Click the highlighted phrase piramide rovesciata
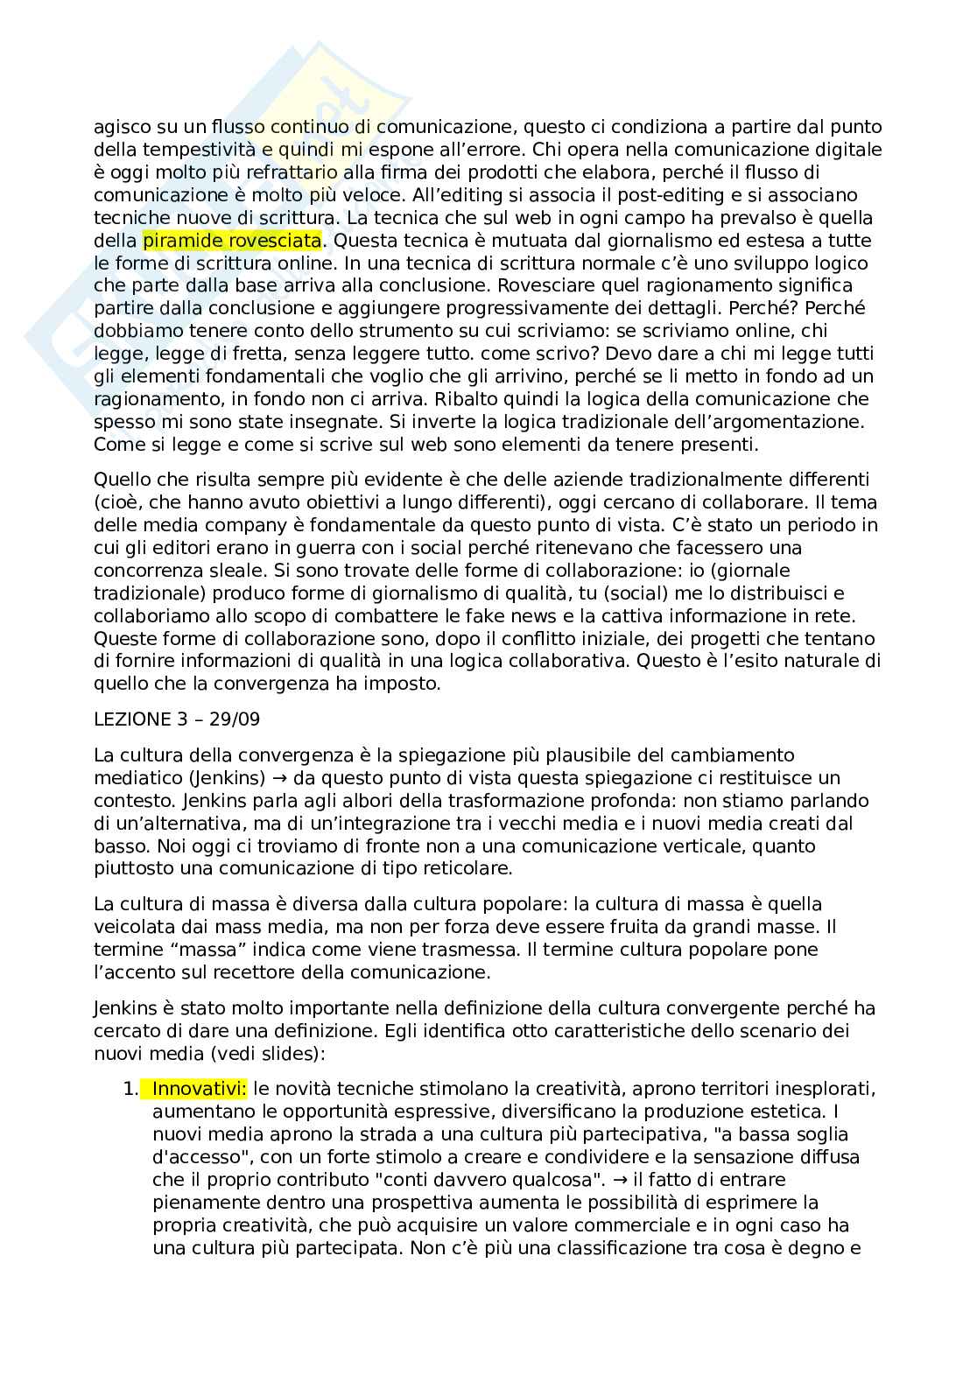coord(232,240)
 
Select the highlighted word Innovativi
coord(200,1089)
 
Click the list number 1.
coord(130,1089)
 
